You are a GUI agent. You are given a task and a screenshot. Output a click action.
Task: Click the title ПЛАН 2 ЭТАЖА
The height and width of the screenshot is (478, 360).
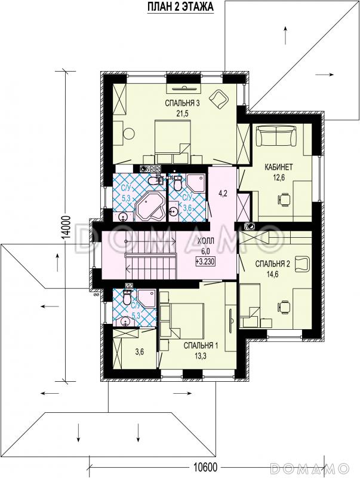click(180, 7)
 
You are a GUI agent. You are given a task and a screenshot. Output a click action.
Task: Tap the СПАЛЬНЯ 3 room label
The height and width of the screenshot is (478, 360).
click(182, 103)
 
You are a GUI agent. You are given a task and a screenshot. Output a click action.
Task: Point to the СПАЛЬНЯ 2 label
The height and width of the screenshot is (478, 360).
click(273, 264)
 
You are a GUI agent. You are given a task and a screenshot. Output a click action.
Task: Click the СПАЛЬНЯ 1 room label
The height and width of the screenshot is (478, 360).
click(201, 345)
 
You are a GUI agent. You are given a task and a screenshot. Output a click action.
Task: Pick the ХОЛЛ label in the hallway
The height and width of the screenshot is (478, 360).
click(206, 241)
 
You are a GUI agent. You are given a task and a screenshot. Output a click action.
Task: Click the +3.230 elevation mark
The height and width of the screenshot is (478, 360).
click(206, 261)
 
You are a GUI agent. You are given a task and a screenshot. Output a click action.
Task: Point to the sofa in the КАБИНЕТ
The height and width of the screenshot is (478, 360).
click(276, 136)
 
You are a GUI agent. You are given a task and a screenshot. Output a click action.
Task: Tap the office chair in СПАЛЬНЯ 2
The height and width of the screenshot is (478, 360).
click(284, 307)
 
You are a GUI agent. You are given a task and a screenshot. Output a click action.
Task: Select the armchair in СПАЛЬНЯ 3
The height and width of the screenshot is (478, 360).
click(219, 99)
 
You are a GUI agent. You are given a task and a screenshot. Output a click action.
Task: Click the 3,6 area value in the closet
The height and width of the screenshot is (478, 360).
click(140, 352)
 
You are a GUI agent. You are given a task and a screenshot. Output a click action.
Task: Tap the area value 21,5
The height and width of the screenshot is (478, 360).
click(183, 114)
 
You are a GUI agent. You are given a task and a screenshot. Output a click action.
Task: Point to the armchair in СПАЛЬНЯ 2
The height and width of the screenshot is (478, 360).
click(302, 263)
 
